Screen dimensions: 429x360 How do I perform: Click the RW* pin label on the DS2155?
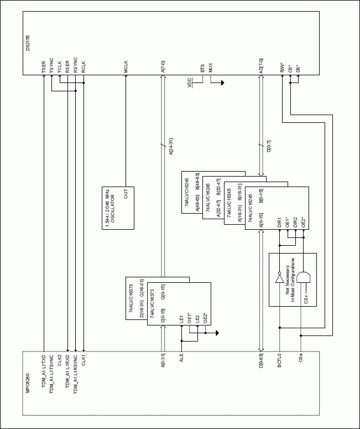click(x=283, y=70)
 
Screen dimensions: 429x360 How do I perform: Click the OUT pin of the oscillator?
click(x=126, y=196)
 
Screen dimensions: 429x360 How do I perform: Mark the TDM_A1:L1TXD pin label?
click(x=44, y=367)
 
